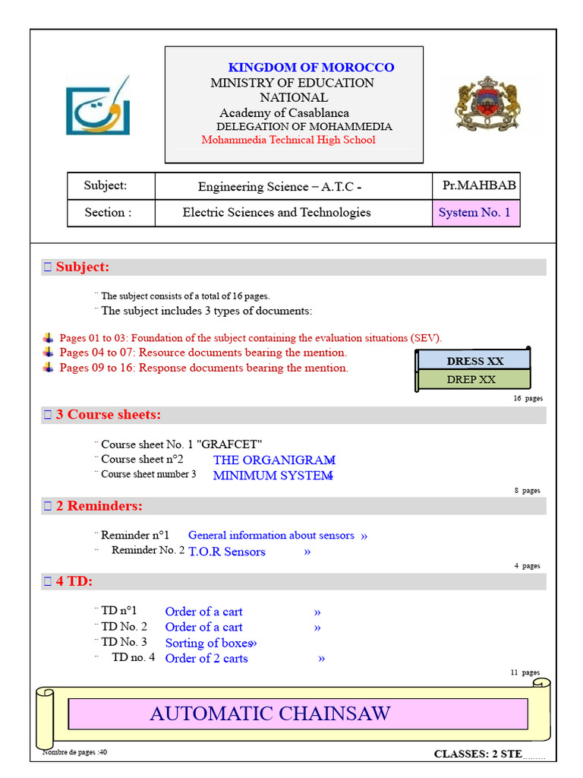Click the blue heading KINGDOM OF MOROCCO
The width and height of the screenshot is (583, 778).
click(x=311, y=68)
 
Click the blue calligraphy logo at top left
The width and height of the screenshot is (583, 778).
click(x=97, y=106)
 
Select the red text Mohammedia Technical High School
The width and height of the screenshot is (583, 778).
click(x=288, y=140)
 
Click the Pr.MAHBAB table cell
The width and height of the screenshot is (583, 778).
click(x=478, y=185)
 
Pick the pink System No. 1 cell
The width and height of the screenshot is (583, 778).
click(x=474, y=213)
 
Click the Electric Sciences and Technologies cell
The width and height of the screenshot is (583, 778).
click(x=276, y=213)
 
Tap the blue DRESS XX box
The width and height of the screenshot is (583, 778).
click(x=475, y=361)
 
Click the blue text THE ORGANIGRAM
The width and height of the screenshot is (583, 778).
click(x=274, y=460)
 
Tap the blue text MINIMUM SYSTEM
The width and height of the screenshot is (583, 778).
click(x=273, y=476)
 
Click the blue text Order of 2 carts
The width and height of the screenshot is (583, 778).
click(x=206, y=659)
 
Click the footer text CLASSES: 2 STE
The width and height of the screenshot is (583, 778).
click(x=478, y=754)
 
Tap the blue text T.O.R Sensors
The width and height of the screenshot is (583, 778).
click(x=227, y=552)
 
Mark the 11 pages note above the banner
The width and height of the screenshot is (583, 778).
click(x=525, y=672)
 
